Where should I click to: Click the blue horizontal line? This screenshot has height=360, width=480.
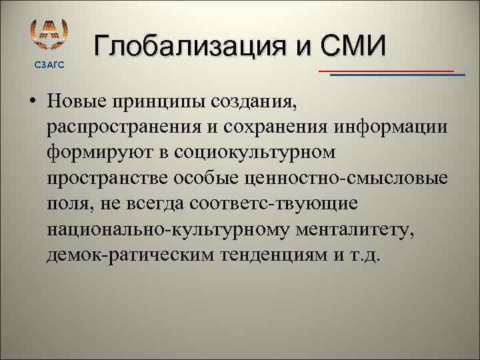[397, 75]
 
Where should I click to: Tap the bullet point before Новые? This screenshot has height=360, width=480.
[33, 105]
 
